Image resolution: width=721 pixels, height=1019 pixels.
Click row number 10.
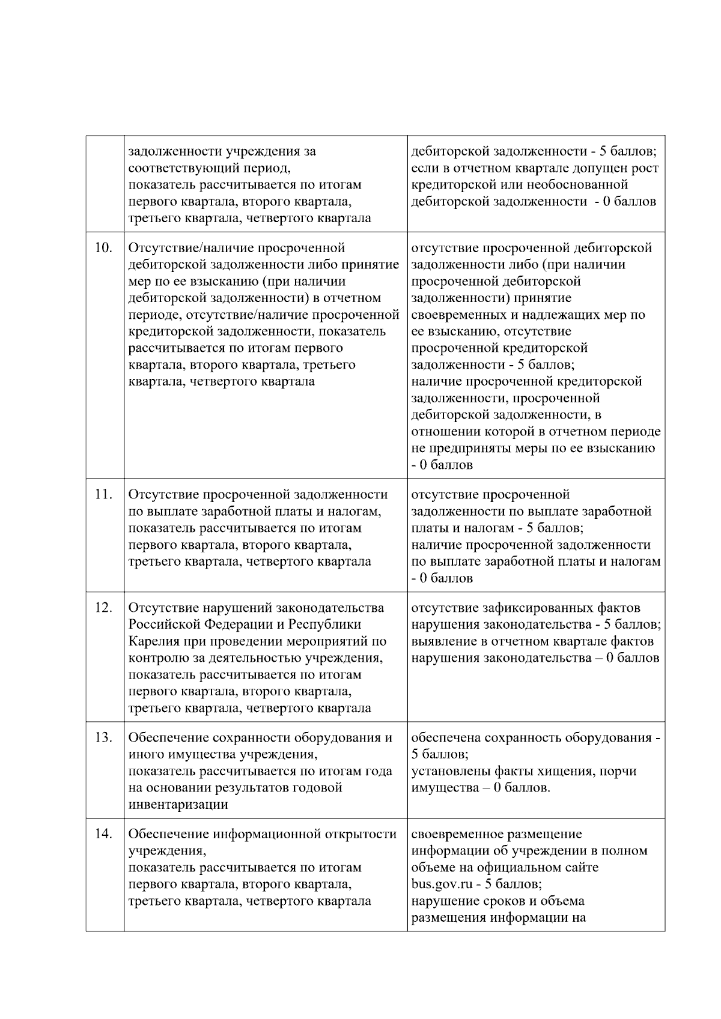click(x=104, y=248)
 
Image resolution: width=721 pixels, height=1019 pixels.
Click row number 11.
click(x=104, y=495)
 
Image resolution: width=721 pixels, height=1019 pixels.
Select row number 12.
click(x=104, y=608)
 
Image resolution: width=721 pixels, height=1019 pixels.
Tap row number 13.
click(x=104, y=738)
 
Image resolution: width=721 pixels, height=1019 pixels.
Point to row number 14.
click(x=104, y=834)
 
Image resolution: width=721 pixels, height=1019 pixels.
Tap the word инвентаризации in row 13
click(x=178, y=805)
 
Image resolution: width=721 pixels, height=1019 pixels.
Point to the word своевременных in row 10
click(x=459, y=315)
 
